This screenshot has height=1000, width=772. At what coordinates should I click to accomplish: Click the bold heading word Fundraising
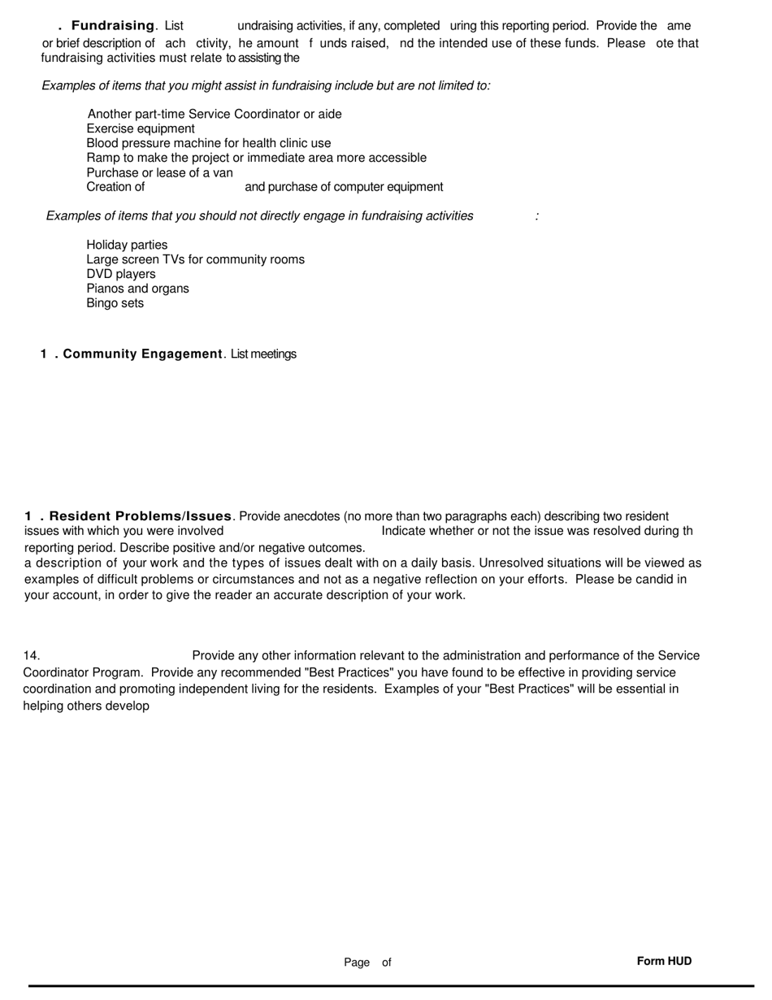coord(113,26)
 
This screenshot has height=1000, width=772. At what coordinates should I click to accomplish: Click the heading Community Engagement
coord(142,354)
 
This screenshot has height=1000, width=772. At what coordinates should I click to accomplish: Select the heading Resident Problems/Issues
coord(141,516)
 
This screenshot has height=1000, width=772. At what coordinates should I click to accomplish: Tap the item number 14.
coord(32,656)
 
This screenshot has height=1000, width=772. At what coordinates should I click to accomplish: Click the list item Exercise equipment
coord(141,128)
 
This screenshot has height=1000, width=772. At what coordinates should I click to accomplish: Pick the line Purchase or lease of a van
coord(159,172)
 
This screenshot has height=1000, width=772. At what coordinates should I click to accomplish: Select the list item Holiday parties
coord(127,245)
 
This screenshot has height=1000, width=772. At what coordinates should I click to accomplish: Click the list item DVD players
coord(121,274)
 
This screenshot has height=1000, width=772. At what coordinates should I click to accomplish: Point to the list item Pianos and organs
coord(137,289)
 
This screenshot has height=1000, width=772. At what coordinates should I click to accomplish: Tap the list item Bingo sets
coord(115,303)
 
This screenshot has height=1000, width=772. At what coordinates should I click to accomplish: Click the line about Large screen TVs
coord(195,259)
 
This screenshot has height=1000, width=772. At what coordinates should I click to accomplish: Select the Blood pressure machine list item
coord(208,143)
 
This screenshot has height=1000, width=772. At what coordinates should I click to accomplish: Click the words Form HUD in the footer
coord(664,961)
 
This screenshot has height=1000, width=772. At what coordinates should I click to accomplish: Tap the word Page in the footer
coord(357,963)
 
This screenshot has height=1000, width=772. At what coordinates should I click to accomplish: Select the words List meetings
coord(263,354)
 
